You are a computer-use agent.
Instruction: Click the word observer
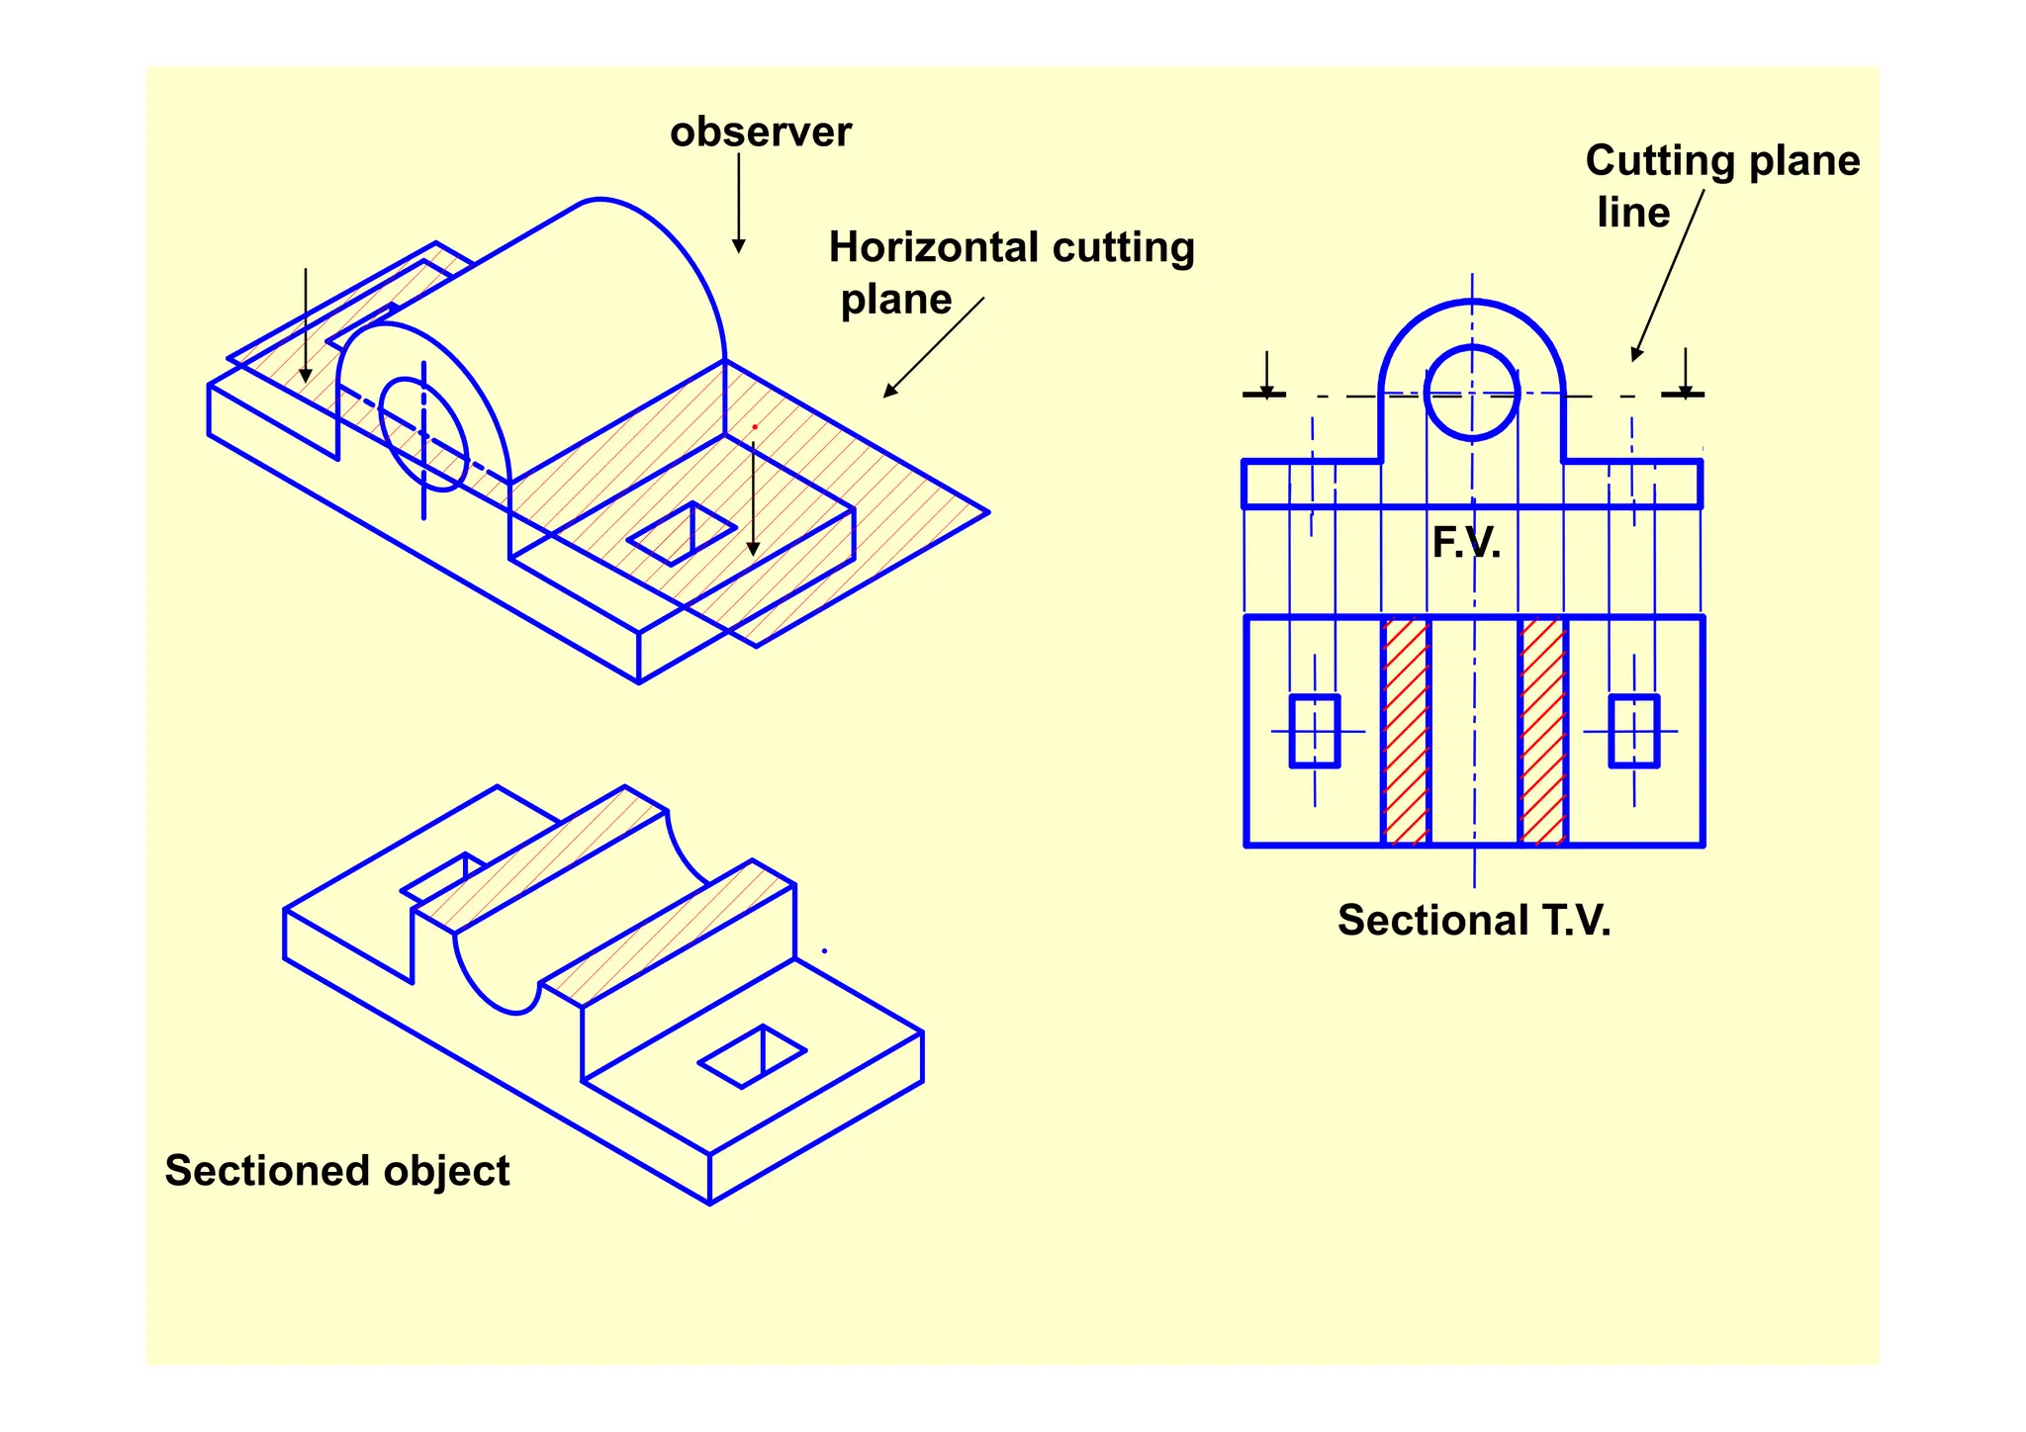tap(760, 133)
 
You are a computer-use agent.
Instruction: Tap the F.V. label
tap(1466, 543)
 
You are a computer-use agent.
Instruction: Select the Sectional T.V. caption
tap(1474, 921)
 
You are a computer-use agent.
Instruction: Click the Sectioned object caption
tap(336, 1171)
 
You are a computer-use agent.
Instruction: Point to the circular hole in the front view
tap(1472, 393)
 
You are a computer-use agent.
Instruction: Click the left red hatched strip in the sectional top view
tap(1406, 732)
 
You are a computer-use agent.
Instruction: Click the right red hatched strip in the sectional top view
tap(1542, 732)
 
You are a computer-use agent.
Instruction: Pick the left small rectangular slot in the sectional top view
tap(1315, 731)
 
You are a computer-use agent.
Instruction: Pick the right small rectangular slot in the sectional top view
tap(1633, 731)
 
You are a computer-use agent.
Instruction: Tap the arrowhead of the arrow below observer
tap(738, 245)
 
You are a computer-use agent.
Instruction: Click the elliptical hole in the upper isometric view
tap(423, 434)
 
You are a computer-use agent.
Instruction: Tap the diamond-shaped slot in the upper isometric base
tap(682, 534)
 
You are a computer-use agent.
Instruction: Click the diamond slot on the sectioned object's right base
tap(753, 1057)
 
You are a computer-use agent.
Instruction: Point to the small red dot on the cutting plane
tap(755, 427)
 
